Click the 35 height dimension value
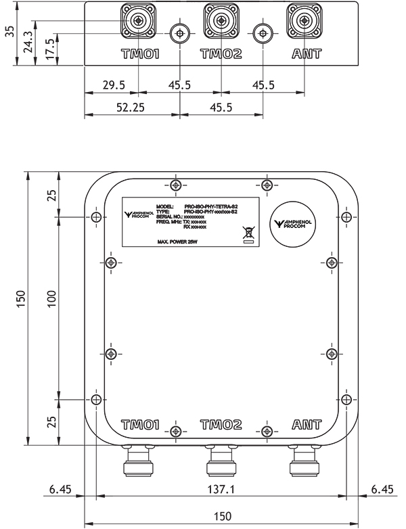click(x=9, y=32)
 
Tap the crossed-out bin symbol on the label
click(x=248, y=233)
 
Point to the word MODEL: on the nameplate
click(x=165, y=206)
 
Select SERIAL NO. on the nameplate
click(x=170, y=216)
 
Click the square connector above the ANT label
click(x=303, y=20)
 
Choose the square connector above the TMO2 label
click(x=221, y=20)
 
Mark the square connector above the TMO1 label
click(x=138, y=20)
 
